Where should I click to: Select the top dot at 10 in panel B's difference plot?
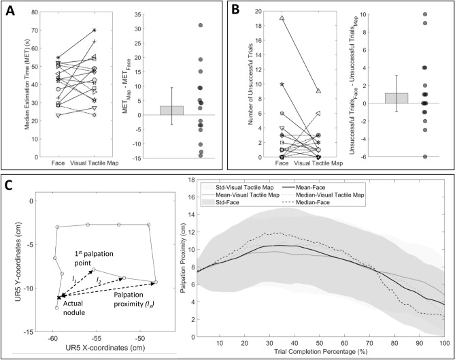425,14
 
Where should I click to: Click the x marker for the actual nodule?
58,297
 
